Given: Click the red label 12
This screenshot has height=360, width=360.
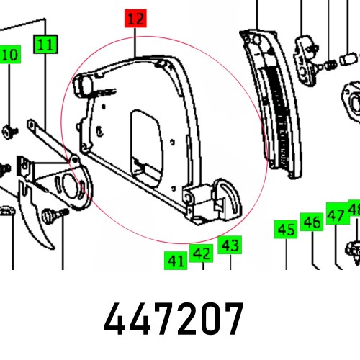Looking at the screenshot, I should [134, 19].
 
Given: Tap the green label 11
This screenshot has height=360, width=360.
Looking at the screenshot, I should [45, 45].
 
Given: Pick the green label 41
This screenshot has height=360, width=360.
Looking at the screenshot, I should [175, 260].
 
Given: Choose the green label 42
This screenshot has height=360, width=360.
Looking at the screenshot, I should [201, 254].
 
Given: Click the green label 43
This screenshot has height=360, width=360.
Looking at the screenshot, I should [229, 246].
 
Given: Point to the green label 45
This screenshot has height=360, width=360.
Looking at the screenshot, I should [286, 230].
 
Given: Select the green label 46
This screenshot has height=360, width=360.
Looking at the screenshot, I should [311, 222].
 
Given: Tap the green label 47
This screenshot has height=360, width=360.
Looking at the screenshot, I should [336, 215].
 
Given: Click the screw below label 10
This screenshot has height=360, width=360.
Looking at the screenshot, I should [9, 131].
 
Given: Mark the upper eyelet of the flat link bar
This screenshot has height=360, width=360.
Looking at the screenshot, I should [32, 126].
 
